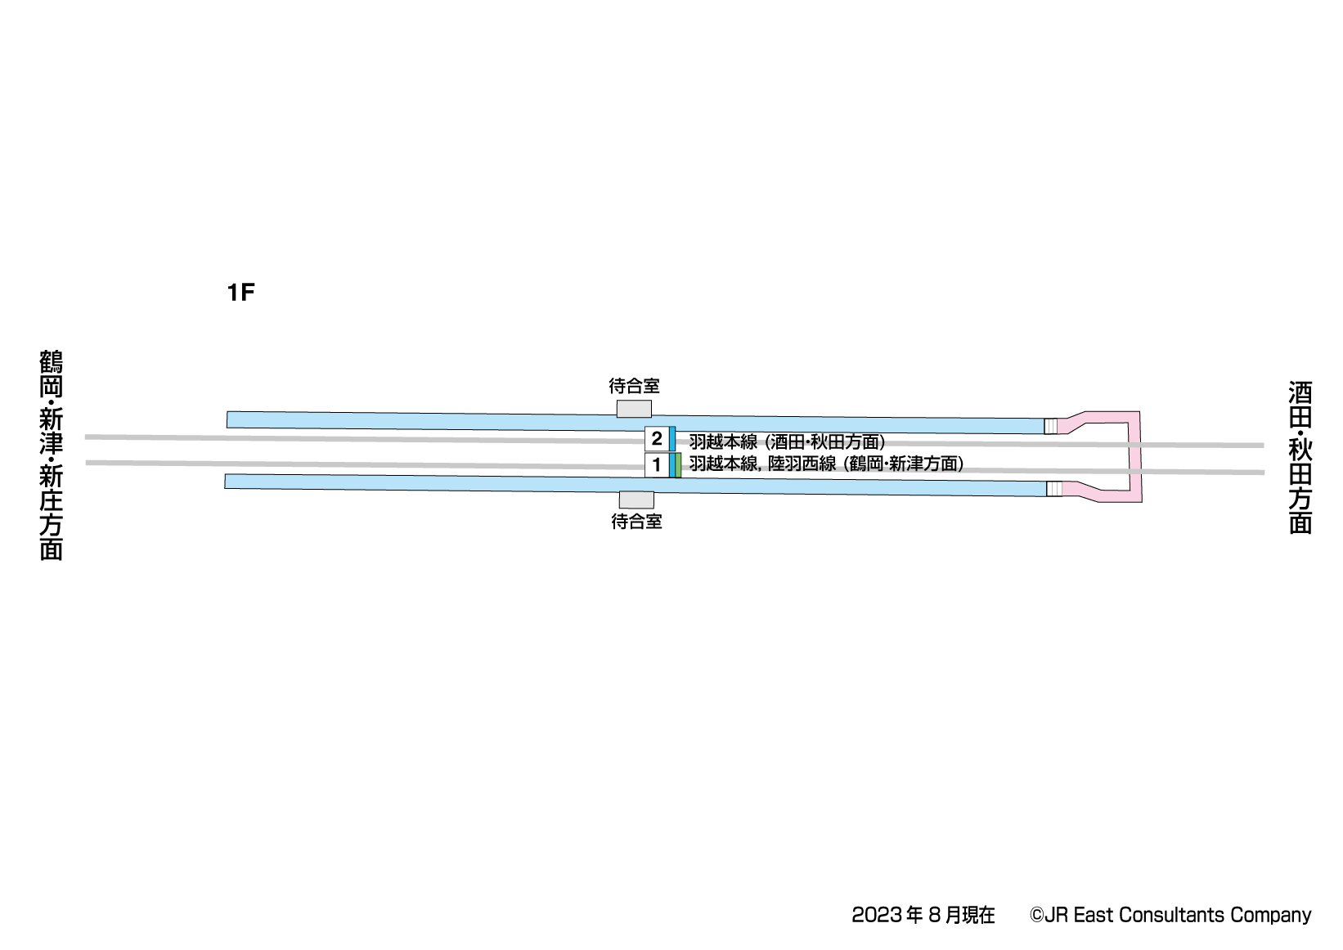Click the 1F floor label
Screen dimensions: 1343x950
click(241, 293)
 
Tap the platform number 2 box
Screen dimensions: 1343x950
click(657, 439)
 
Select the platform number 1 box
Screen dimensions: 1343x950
click(657, 464)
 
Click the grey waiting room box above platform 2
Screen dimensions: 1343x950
click(635, 409)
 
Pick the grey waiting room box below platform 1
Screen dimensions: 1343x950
click(636, 500)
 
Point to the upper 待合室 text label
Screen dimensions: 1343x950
click(635, 386)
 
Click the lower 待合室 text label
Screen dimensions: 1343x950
click(636, 522)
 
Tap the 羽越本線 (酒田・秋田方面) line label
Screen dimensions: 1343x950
click(787, 442)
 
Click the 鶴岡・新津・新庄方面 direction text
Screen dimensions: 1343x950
click(52, 455)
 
